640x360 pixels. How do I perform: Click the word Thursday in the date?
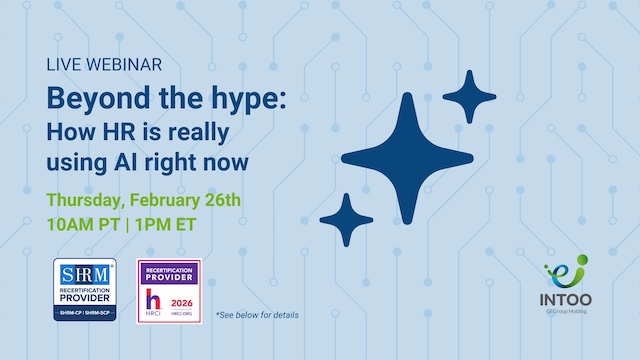point(87,201)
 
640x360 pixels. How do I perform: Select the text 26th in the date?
point(219,200)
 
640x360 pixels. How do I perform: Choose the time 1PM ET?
point(163,225)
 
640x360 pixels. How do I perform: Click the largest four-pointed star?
point(408,157)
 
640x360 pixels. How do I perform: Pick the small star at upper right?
point(469,97)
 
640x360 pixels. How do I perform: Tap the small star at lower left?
point(346,219)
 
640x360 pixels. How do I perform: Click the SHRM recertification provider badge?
point(84,290)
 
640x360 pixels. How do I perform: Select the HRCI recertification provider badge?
point(168,290)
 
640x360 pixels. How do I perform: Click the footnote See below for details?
point(256,315)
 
